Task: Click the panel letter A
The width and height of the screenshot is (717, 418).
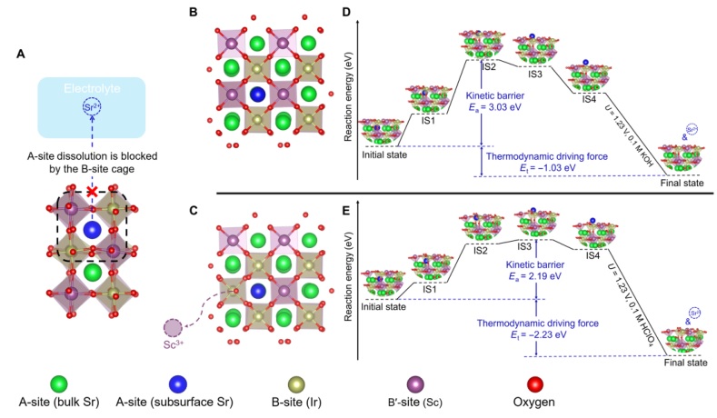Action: coord(20,54)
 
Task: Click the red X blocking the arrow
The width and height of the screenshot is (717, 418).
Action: coord(90,192)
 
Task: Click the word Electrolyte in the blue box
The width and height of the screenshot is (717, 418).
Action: coord(91,90)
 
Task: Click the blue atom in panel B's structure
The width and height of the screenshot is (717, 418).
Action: coord(259,94)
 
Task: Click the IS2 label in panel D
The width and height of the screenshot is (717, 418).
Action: coord(487,65)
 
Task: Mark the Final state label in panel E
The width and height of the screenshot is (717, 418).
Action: coord(685,362)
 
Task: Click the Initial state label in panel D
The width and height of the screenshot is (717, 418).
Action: coord(386,154)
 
